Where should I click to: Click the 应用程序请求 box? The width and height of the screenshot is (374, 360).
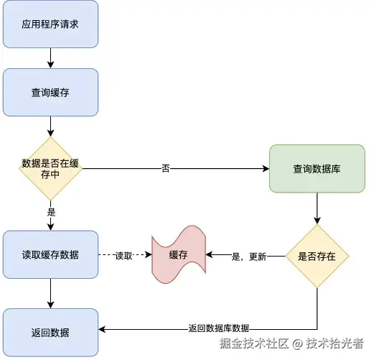[50, 24]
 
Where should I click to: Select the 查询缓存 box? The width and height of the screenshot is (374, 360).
[50, 93]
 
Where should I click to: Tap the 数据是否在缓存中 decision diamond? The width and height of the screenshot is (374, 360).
[50, 170]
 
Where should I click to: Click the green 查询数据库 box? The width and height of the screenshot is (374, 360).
[317, 169]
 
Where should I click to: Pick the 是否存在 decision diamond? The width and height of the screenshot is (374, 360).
[317, 256]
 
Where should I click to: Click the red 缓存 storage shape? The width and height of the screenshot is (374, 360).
[179, 255]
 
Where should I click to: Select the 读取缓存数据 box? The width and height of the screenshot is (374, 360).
[50, 255]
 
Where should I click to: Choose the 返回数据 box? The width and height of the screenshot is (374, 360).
[50, 333]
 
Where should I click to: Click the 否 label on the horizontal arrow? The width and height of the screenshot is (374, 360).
[166, 169]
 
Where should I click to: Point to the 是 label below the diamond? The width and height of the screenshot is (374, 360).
[51, 212]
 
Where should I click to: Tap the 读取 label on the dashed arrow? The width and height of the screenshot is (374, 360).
[124, 256]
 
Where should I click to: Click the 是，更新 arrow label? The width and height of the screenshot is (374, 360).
[248, 256]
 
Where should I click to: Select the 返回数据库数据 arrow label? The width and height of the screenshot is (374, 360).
[218, 328]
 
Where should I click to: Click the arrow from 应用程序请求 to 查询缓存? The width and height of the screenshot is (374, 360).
[50, 58]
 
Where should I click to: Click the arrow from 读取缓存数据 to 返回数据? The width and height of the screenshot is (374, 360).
[50, 294]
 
